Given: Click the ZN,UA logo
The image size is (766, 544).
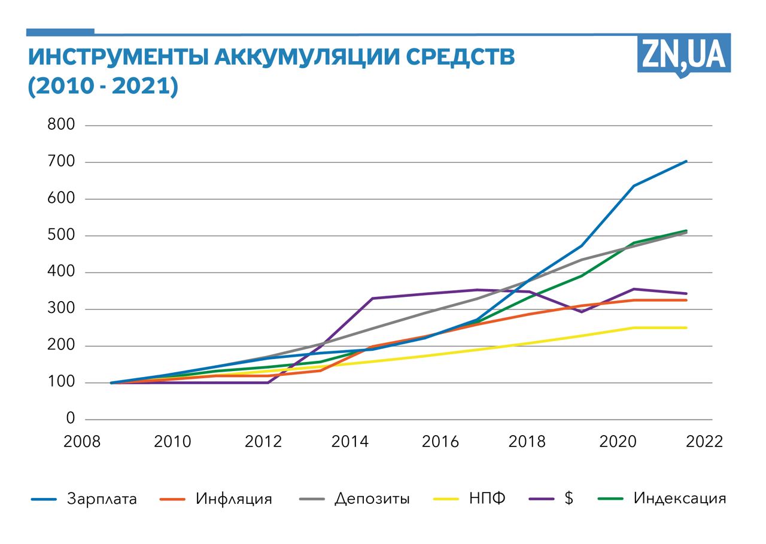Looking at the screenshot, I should (683, 54).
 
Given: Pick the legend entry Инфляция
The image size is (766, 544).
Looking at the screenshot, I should (233, 499).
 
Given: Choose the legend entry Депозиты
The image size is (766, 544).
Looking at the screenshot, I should (372, 499).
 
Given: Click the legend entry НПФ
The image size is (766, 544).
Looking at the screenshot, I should (488, 499).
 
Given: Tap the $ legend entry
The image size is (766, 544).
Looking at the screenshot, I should (569, 499).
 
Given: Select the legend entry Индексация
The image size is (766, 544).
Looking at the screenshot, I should (680, 499).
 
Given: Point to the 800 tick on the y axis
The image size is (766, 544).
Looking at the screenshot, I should (62, 125).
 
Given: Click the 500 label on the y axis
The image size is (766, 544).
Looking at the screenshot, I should (62, 236).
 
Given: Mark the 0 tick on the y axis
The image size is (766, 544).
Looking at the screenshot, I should (71, 419).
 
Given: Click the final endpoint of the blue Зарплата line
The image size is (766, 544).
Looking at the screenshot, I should (686, 161).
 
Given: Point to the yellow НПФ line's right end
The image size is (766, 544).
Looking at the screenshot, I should (686, 327).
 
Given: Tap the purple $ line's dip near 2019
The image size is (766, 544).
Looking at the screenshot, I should (581, 312).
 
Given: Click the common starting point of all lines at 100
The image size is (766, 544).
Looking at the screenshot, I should (112, 382).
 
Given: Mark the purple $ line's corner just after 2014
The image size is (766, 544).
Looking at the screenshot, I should (372, 298).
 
